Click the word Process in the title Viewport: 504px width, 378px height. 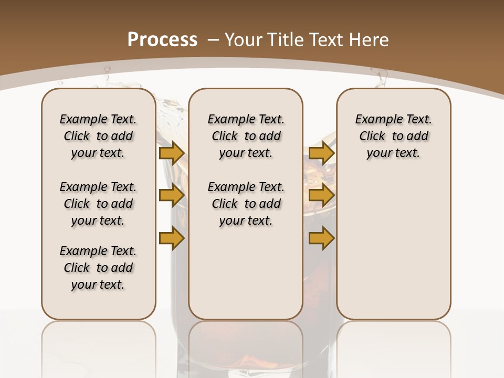(x=162, y=40)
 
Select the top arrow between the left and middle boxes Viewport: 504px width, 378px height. (x=171, y=153)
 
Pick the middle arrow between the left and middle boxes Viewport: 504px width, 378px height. (x=171, y=196)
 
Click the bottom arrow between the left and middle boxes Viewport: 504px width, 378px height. (x=171, y=238)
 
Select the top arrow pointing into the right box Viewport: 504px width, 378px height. (x=321, y=153)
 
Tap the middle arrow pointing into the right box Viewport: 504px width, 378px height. (x=321, y=196)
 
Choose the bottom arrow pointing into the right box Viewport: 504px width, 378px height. (x=321, y=238)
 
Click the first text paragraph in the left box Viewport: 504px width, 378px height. (x=98, y=136)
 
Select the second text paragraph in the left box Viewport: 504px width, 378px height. (x=98, y=204)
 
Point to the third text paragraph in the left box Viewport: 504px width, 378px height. (x=98, y=268)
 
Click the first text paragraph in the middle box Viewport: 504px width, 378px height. (x=246, y=136)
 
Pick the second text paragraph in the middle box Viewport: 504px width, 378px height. (x=246, y=204)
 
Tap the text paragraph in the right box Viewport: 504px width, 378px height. (x=394, y=136)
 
